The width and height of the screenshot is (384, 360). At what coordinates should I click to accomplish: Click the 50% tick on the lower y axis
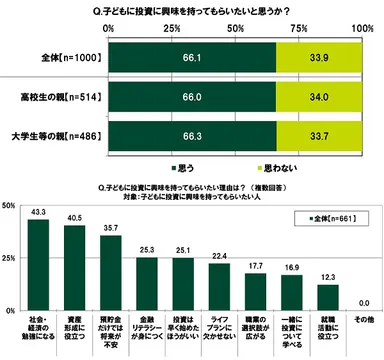pos(9,206)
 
